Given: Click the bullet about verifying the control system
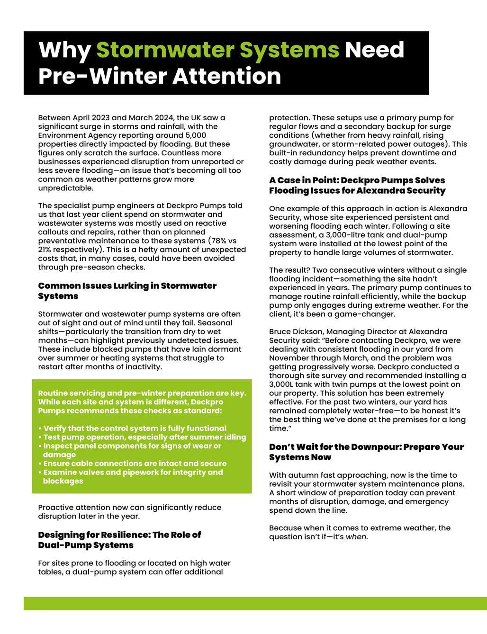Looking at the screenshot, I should pos(135,428).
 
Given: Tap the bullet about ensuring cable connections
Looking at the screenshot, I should pos(135,463).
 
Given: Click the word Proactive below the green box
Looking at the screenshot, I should pos(56,507).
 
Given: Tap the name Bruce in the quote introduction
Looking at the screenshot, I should pos(280,331).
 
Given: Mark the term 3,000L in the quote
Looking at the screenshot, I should pos(284,384).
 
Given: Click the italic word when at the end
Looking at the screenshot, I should pos(357,537).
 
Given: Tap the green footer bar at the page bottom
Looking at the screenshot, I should pos(255,603).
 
